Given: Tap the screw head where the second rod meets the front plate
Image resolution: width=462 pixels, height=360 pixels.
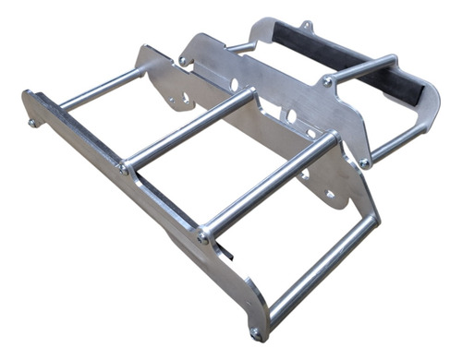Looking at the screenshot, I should tap(124, 169).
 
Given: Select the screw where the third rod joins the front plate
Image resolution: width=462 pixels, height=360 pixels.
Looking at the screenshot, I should tap(203, 238).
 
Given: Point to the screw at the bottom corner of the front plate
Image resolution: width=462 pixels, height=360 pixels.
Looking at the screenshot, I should tap(256, 332).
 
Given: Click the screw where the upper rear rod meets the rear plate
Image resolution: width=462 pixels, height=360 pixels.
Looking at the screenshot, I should tap(327, 81).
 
